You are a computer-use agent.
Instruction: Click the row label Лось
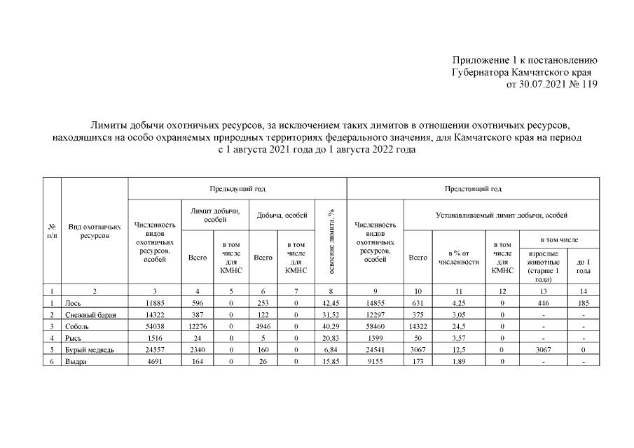coord(73,303)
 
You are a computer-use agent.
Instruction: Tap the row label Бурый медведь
coord(88,349)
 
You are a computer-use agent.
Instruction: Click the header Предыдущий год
coord(237,189)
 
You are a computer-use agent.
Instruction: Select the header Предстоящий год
coord(473,189)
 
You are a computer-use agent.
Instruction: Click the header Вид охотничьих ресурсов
coord(95,232)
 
